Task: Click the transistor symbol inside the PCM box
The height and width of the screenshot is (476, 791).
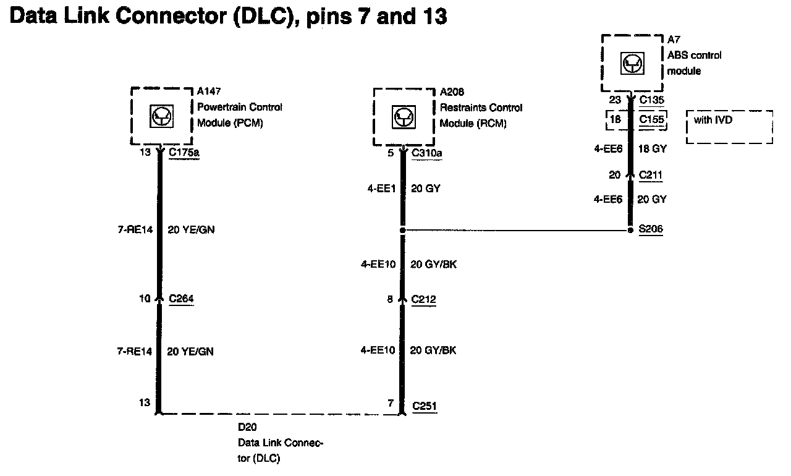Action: click(x=162, y=116)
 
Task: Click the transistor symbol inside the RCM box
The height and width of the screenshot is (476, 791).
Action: click(x=404, y=116)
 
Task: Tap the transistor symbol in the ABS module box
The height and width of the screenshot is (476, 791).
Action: click(x=632, y=62)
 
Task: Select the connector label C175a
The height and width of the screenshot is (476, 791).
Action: click(x=184, y=151)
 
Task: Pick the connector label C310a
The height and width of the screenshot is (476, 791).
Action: click(x=427, y=152)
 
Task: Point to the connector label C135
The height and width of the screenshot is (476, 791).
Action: click(x=651, y=98)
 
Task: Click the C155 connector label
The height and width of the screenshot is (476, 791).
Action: click(x=652, y=119)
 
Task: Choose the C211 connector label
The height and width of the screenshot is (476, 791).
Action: click(x=651, y=176)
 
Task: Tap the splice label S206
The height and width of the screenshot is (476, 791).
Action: click(x=651, y=229)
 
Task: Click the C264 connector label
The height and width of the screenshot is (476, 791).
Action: click(x=182, y=299)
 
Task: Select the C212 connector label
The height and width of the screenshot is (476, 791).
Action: click(x=424, y=300)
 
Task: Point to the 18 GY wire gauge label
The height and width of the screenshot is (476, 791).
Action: click(x=651, y=149)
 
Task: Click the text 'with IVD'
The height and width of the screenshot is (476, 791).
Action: click(x=713, y=120)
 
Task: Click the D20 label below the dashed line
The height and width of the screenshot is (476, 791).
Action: click(x=247, y=427)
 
